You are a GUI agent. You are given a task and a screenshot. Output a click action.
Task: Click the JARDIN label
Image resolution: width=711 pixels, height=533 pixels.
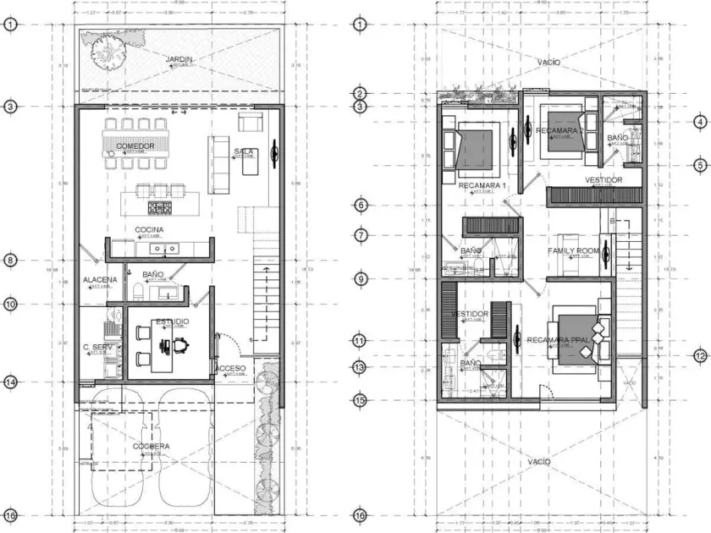(179, 59)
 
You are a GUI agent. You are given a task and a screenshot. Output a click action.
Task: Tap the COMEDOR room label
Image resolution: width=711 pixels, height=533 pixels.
(135, 146)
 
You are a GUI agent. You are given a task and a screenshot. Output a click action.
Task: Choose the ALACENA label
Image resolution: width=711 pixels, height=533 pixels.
(99, 280)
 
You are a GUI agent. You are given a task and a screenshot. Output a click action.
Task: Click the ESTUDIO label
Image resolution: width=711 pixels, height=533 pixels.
(172, 321)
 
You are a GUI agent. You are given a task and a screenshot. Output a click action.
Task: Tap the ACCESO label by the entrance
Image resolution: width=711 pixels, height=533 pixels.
(230, 369)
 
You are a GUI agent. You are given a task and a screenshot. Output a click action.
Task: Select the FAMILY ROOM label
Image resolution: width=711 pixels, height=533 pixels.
(573, 251)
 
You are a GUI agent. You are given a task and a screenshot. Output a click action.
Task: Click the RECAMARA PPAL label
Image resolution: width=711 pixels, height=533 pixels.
(557, 340)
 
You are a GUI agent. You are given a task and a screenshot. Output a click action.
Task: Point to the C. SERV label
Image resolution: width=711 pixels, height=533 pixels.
(97, 347)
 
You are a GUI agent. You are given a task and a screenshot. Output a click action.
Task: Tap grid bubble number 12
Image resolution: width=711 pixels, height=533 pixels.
(700, 356)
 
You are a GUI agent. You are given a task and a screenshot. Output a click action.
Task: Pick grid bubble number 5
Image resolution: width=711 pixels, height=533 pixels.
(700, 165)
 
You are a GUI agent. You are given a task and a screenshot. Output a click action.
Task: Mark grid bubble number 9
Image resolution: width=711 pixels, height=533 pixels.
(360, 279)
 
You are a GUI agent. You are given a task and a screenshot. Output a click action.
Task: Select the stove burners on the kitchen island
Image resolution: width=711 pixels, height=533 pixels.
(160, 206)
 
